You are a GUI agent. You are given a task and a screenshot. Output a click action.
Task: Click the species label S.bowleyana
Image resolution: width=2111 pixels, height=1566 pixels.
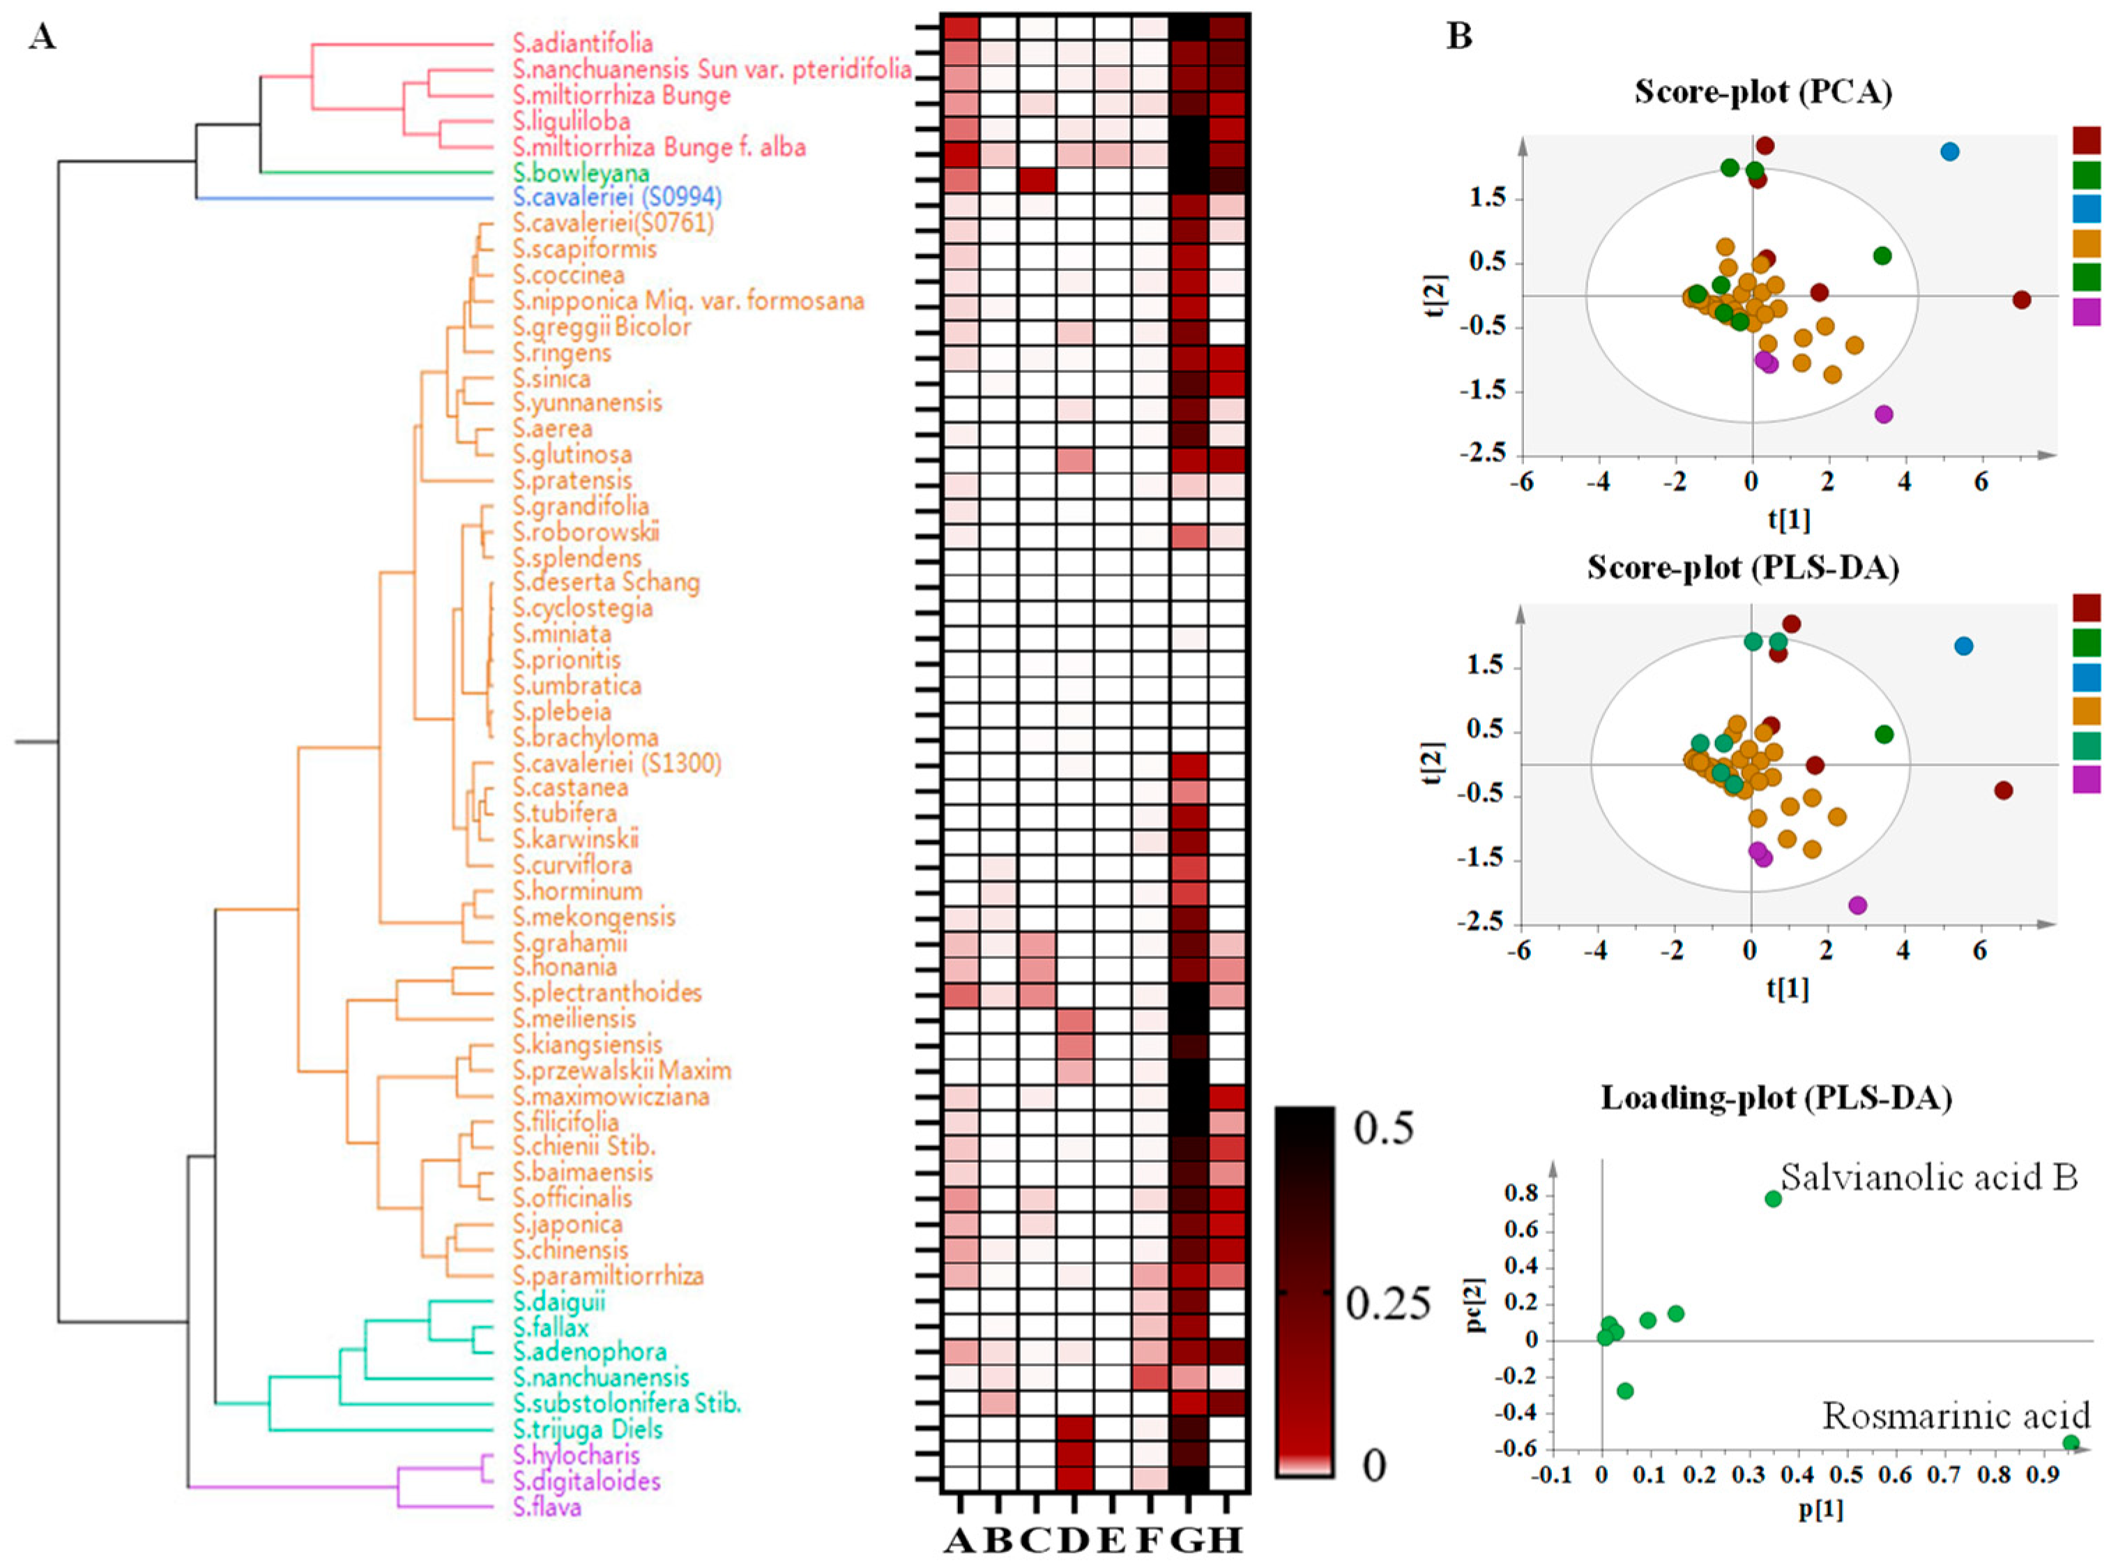pyautogui.click(x=581, y=172)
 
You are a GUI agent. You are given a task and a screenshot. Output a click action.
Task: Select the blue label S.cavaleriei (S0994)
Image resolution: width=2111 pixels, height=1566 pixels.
pyautogui.click(x=617, y=197)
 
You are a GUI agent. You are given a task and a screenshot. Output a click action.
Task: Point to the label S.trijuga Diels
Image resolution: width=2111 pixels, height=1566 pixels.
pyautogui.click(x=588, y=1429)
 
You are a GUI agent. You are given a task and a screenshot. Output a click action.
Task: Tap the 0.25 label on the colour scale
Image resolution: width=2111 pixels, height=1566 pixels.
pyautogui.click(x=1388, y=1304)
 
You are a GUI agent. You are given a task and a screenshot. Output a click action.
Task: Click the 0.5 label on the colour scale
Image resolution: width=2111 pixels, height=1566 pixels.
pyautogui.click(x=1382, y=1128)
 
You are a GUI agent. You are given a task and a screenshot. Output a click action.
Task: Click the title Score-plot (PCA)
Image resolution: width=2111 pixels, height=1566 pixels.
pyautogui.click(x=1762, y=92)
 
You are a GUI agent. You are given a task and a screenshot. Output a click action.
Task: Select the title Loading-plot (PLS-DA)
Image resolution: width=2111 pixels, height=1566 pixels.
pyautogui.click(x=1776, y=1098)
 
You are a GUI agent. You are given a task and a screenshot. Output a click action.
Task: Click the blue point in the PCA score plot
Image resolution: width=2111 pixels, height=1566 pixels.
pyautogui.click(x=1949, y=151)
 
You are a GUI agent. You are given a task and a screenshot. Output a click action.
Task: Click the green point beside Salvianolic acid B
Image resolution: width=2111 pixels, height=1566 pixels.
pyautogui.click(x=1773, y=1199)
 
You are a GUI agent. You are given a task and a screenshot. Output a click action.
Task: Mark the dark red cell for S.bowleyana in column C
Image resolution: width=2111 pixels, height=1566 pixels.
pyautogui.click(x=1035, y=180)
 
